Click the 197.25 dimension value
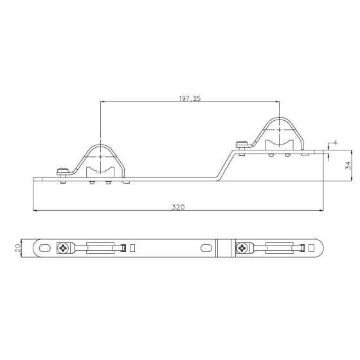coord(190,98)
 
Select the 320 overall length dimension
coord(178,207)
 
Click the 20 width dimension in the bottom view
coord(18,248)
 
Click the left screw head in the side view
coord(63,171)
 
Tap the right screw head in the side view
coord(242,144)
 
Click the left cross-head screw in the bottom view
coord(63,248)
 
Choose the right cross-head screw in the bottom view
coord(242,248)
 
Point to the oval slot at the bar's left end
coord(46,248)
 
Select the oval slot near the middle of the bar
coord(205,248)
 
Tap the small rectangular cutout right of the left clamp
coord(132,248)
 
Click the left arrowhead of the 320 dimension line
coord(35,210)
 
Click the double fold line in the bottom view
coord(219,248)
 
